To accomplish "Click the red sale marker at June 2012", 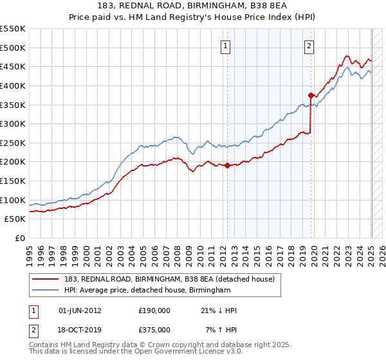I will click(227, 165).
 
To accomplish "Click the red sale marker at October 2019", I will click(311, 95).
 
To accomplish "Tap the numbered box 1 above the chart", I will click(226, 46).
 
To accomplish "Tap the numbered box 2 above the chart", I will click(309, 46).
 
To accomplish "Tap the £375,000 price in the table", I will click(154, 330).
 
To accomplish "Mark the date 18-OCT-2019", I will click(80, 330).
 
